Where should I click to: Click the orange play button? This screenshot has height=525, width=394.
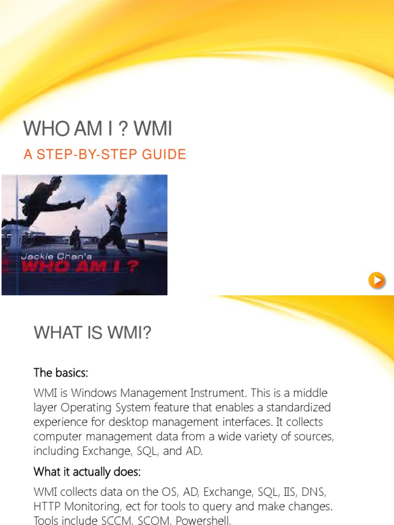[377, 280]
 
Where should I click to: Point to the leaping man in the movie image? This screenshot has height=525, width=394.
[44, 203]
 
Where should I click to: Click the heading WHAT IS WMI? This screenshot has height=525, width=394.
[93, 333]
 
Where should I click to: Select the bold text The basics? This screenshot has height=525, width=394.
[64, 372]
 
